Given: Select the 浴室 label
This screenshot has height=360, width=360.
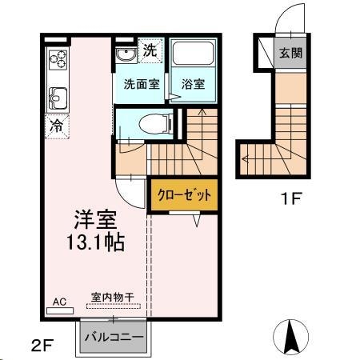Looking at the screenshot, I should pos(193,83).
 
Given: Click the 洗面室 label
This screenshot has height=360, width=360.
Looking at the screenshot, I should pos(140,83).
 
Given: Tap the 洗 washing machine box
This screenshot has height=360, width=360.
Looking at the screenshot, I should pos(150,50).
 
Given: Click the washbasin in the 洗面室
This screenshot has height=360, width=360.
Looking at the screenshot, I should pos(125,54).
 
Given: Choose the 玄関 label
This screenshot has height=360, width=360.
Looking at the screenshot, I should pos(290,54).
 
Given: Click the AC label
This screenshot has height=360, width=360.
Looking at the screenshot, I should pos(59,302).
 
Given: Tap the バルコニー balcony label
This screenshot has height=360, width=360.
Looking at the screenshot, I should pos(114,337).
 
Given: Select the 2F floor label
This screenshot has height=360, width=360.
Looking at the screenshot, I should pos(42,346).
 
